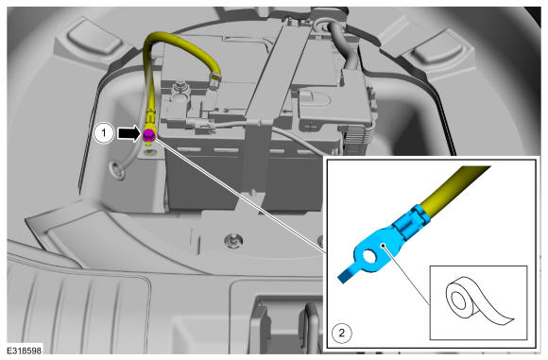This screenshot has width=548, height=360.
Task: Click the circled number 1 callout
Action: [104, 133]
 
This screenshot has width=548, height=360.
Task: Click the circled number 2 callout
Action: [341, 333]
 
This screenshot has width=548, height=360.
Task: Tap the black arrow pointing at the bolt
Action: [128, 133]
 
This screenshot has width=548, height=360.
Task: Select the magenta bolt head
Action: [149, 134]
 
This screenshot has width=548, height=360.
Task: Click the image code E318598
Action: [25, 350]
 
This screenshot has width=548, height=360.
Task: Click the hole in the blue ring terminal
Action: [368, 257]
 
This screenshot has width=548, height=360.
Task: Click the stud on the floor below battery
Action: [233, 240]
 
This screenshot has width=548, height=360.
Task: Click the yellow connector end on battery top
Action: [214, 78]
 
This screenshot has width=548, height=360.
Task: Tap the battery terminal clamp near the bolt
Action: [179, 99]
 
